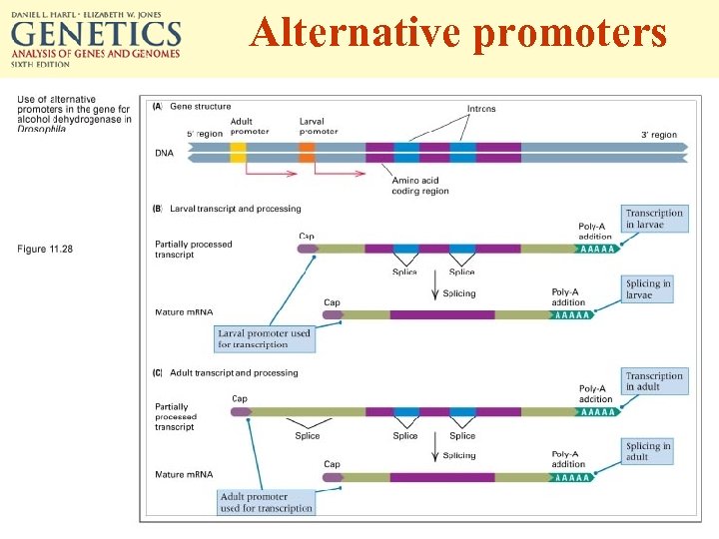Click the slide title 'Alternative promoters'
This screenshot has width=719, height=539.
click(458, 33)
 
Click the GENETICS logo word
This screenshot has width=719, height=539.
click(96, 37)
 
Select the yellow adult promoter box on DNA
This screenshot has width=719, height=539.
click(238, 152)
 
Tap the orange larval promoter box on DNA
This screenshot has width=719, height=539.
click(307, 152)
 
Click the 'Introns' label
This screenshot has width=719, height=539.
click(481, 109)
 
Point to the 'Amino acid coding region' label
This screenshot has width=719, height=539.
click(420, 186)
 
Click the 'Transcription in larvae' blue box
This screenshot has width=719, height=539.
click(655, 219)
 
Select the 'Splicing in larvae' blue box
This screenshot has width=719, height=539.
click(648, 289)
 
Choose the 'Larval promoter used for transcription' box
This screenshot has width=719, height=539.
click(265, 338)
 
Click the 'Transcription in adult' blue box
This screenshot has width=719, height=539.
click(655, 381)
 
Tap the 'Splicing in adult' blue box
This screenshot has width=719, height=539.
click(648, 451)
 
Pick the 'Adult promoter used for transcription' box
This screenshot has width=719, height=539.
click(266, 502)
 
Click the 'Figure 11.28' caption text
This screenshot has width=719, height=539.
click(45, 249)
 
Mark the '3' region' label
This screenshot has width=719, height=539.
click(658, 135)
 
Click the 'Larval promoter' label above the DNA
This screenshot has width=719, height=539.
click(319, 127)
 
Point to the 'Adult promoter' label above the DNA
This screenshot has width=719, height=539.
click(249, 127)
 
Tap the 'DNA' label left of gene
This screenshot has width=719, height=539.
click(164, 153)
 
